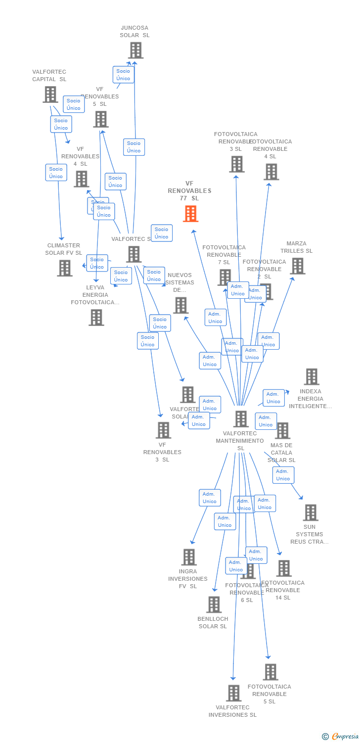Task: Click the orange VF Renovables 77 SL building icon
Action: click(190, 214)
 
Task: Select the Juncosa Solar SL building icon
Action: click(135, 50)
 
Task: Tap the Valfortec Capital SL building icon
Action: click(50, 94)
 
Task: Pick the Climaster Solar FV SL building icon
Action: click(64, 268)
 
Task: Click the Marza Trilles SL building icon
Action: click(297, 266)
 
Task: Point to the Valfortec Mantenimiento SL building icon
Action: click(241, 419)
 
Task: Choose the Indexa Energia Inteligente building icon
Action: click(311, 377)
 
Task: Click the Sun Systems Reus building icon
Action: click(310, 512)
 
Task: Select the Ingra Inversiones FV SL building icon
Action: click(188, 557)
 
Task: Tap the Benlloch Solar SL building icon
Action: click(213, 604)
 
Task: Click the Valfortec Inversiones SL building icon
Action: click(233, 693)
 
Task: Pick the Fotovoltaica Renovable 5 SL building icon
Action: click(270, 672)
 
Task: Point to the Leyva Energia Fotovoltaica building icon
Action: click(96, 318)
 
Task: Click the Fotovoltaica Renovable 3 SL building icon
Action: click(236, 164)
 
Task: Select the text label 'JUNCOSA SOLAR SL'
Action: click(135, 32)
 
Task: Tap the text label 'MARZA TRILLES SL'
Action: click(297, 247)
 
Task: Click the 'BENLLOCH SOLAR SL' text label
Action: click(213, 622)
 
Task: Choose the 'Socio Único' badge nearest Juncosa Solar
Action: click(123, 75)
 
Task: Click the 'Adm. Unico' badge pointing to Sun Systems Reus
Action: click(283, 475)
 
